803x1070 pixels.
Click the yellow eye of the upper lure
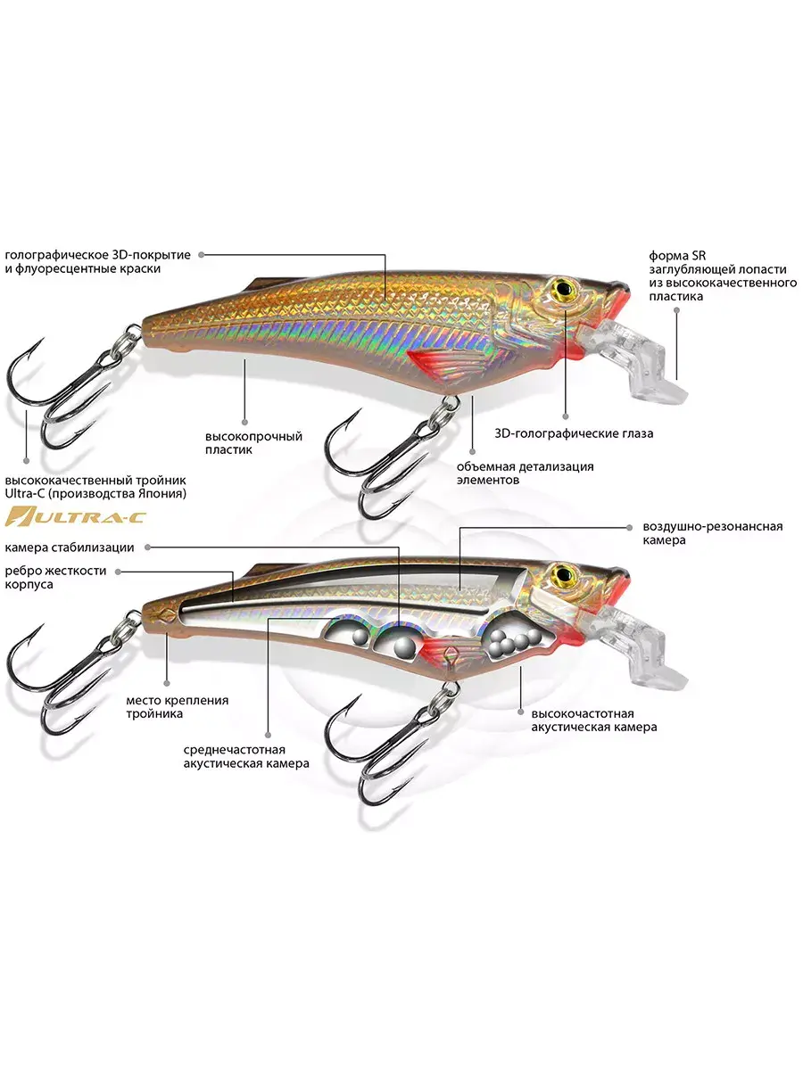pos(565,288)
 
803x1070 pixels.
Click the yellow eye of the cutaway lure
pos(565,575)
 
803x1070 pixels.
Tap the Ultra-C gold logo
pos(76,516)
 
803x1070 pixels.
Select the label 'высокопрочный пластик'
pos(253,442)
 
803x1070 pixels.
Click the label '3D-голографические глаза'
pos(574,433)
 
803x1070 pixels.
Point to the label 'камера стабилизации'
pos(70,547)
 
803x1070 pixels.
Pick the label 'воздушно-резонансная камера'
pos(713,533)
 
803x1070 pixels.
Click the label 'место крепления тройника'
pos(177,707)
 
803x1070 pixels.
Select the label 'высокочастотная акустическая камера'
pos(594,720)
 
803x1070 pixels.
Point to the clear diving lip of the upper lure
pos(633,359)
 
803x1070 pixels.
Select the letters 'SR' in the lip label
pos(699,255)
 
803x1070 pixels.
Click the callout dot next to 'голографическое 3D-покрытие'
pos(201,254)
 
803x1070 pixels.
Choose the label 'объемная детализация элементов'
pos(526,473)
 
